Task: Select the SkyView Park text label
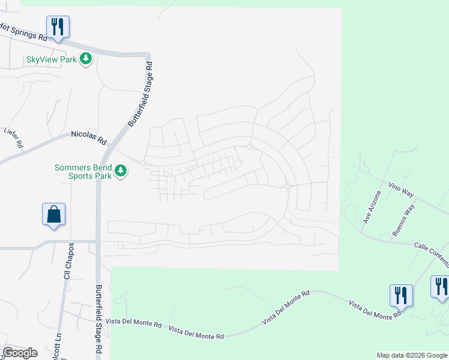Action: coord(52,59)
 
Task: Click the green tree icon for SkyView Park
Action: coord(86,59)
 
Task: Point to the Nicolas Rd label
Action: coord(88,139)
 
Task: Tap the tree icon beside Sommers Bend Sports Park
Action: coord(121,172)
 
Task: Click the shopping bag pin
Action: coord(53,215)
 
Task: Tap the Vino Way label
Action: coord(401,190)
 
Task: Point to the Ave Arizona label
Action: coord(371,207)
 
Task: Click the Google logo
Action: coord(19,353)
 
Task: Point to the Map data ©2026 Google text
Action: coord(411,355)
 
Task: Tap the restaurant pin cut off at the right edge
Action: coord(441,287)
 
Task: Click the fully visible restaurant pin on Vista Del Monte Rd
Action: coord(401,296)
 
